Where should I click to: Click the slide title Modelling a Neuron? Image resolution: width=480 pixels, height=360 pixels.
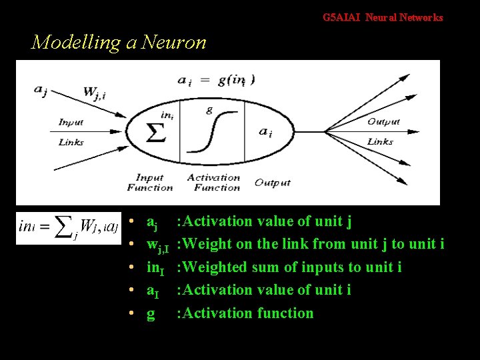point(119,43)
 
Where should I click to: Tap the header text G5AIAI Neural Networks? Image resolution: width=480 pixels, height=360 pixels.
point(383,18)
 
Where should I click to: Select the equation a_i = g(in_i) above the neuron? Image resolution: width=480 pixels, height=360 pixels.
point(216,80)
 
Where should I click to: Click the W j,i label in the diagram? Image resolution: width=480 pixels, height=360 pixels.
point(94,93)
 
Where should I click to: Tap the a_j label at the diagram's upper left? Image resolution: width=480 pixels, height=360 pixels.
point(41,90)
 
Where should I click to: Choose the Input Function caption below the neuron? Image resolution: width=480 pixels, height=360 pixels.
point(150,182)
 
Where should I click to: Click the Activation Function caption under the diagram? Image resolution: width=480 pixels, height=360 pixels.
point(213,182)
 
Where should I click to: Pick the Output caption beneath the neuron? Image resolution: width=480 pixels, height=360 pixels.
point(273,183)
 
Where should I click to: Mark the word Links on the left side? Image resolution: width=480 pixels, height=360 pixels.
point(71,141)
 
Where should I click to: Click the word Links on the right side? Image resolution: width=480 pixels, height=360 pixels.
point(380,141)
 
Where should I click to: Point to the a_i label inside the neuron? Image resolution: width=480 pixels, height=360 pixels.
point(265,131)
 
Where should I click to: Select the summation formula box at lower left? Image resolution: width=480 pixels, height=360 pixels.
point(69,227)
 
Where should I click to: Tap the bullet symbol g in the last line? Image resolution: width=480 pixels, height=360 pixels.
point(151,313)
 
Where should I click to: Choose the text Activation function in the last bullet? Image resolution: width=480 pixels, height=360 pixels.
point(245,313)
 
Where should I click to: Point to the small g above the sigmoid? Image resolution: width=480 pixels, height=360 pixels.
point(209,111)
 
